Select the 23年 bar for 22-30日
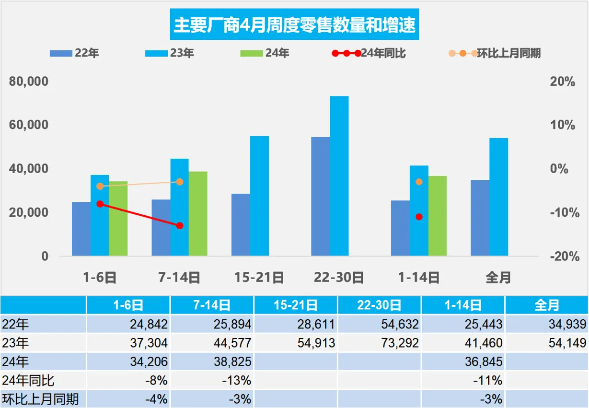pyautogui.click(x=339, y=175)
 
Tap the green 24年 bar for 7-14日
pyautogui.click(x=198, y=213)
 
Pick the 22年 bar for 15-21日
pyautogui.click(x=241, y=224)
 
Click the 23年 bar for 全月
pyautogui.click(x=498, y=197)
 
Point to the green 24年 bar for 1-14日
pyautogui.click(x=437, y=216)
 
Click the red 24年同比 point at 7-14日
pyautogui.click(x=180, y=225)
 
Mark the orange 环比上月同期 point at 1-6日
pyautogui.click(x=100, y=186)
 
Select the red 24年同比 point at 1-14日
pyautogui.click(x=419, y=217)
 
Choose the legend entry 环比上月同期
pyautogui.click(x=508, y=53)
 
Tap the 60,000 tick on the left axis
pyautogui.click(x=30, y=125)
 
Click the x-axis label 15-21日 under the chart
pyautogui.click(x=259, y=277)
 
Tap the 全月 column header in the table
pyautogui.click(x=546, y=305)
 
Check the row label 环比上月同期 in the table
pyautogui.click(x=40, y=399)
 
